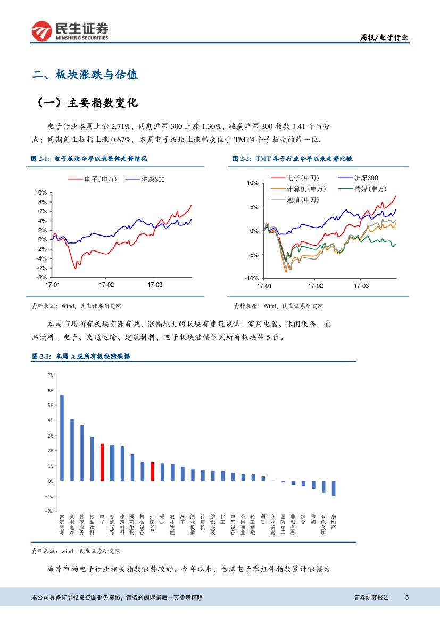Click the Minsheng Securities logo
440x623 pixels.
tap(70, 31)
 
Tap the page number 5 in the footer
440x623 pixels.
tap(407, 597)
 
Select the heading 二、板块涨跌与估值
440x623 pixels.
tap(85, 75)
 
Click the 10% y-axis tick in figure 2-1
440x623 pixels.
tap(40, 192)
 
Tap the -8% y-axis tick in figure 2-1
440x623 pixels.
tap(40, 277)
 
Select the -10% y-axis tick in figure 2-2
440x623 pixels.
tap(252, 278)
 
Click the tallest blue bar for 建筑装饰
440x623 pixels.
tap(62, 438)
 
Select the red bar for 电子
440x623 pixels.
tap(102, 462)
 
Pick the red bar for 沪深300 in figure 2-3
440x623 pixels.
tap(152, 471)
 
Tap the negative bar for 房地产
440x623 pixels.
tap(334, 488)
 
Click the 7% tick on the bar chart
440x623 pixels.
tap(50, 375)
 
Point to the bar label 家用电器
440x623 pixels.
tap(72, 524)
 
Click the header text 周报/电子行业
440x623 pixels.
tap(384, 37)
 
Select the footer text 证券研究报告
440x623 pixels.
tap(371, 597)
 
